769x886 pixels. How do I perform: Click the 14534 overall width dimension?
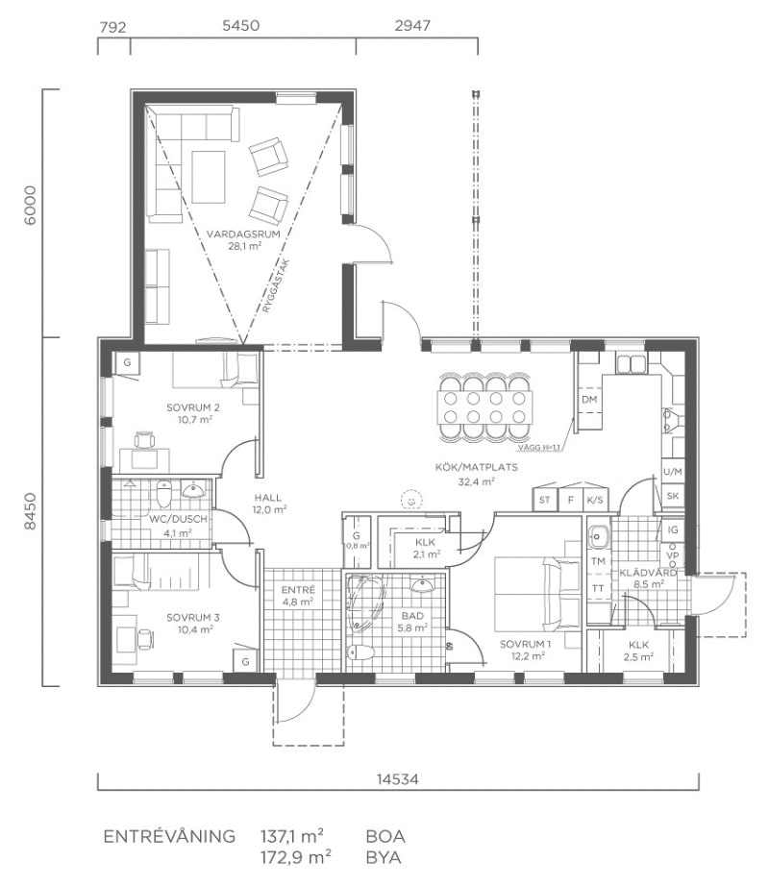398,779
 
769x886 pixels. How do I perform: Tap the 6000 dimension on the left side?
31,206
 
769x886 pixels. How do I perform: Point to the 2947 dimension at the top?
412,26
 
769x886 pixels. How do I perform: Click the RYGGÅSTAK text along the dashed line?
276,286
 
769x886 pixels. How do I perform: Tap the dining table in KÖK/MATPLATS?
484,406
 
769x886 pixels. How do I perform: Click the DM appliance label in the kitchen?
589,400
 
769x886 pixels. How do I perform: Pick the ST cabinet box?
545,500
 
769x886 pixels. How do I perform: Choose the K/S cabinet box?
595,500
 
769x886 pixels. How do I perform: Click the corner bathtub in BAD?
365,603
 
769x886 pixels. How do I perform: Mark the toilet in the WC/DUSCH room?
163,495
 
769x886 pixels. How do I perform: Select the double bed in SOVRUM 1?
537,594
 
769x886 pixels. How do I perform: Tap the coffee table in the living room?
209,177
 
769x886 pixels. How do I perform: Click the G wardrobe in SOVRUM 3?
246,660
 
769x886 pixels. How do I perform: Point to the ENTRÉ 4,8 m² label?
298,596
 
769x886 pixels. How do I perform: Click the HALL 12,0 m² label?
269,504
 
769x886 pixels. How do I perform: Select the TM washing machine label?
598,561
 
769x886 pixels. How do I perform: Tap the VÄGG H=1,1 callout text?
539,448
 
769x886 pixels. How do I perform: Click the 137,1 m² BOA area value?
291,836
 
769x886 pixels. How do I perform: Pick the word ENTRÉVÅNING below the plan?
169,836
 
